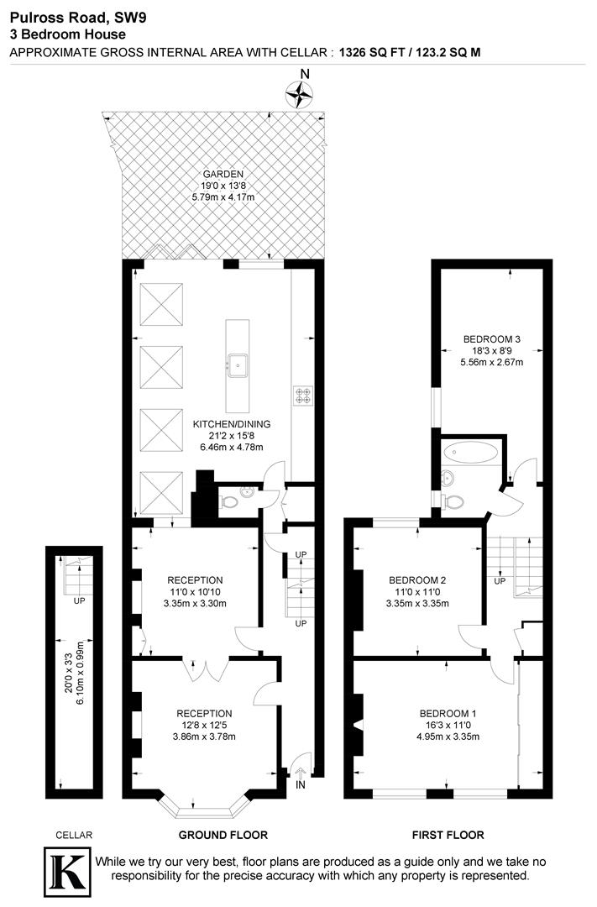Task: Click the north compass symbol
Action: tap(298, 95)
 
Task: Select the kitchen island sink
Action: tap(239, 364)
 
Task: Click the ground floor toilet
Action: tap(228, 503)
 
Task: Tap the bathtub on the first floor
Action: tap(473, 453)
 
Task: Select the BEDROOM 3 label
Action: tap(491, 339)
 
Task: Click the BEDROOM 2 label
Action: tap(417, 579)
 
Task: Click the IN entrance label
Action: tap(301, 784)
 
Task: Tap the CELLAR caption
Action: tap(74, 835)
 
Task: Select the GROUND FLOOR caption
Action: tap(223, 835)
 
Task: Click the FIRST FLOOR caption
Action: tap(448, 835)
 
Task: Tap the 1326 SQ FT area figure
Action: tap(371, 52)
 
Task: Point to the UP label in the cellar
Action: tap(79, 601)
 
